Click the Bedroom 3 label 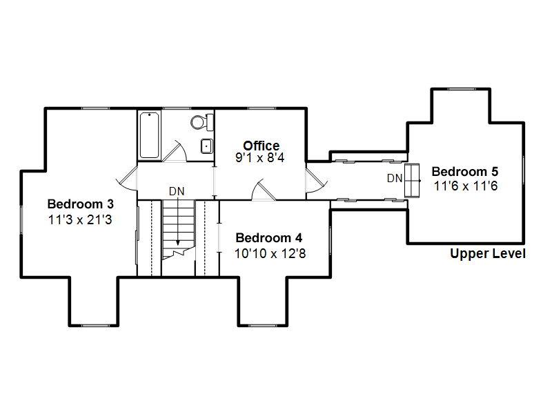tap(81, 204)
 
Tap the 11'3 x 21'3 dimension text tap(80, 219)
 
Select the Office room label tap(262, 146)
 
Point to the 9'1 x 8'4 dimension tap(260, 158)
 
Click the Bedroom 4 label tap(269, 237)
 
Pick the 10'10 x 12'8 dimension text tap(270, 253)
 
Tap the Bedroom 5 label tap(465, 171)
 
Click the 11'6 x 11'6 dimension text tap(465, 186)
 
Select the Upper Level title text tap(488, 253)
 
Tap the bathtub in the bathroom tap(149, 135)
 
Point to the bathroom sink tap(206, 146)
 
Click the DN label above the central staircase tap(177, 191)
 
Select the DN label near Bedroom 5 tap(395, 178)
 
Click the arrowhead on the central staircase tap(178, 243)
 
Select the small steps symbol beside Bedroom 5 tap(412, 181)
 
